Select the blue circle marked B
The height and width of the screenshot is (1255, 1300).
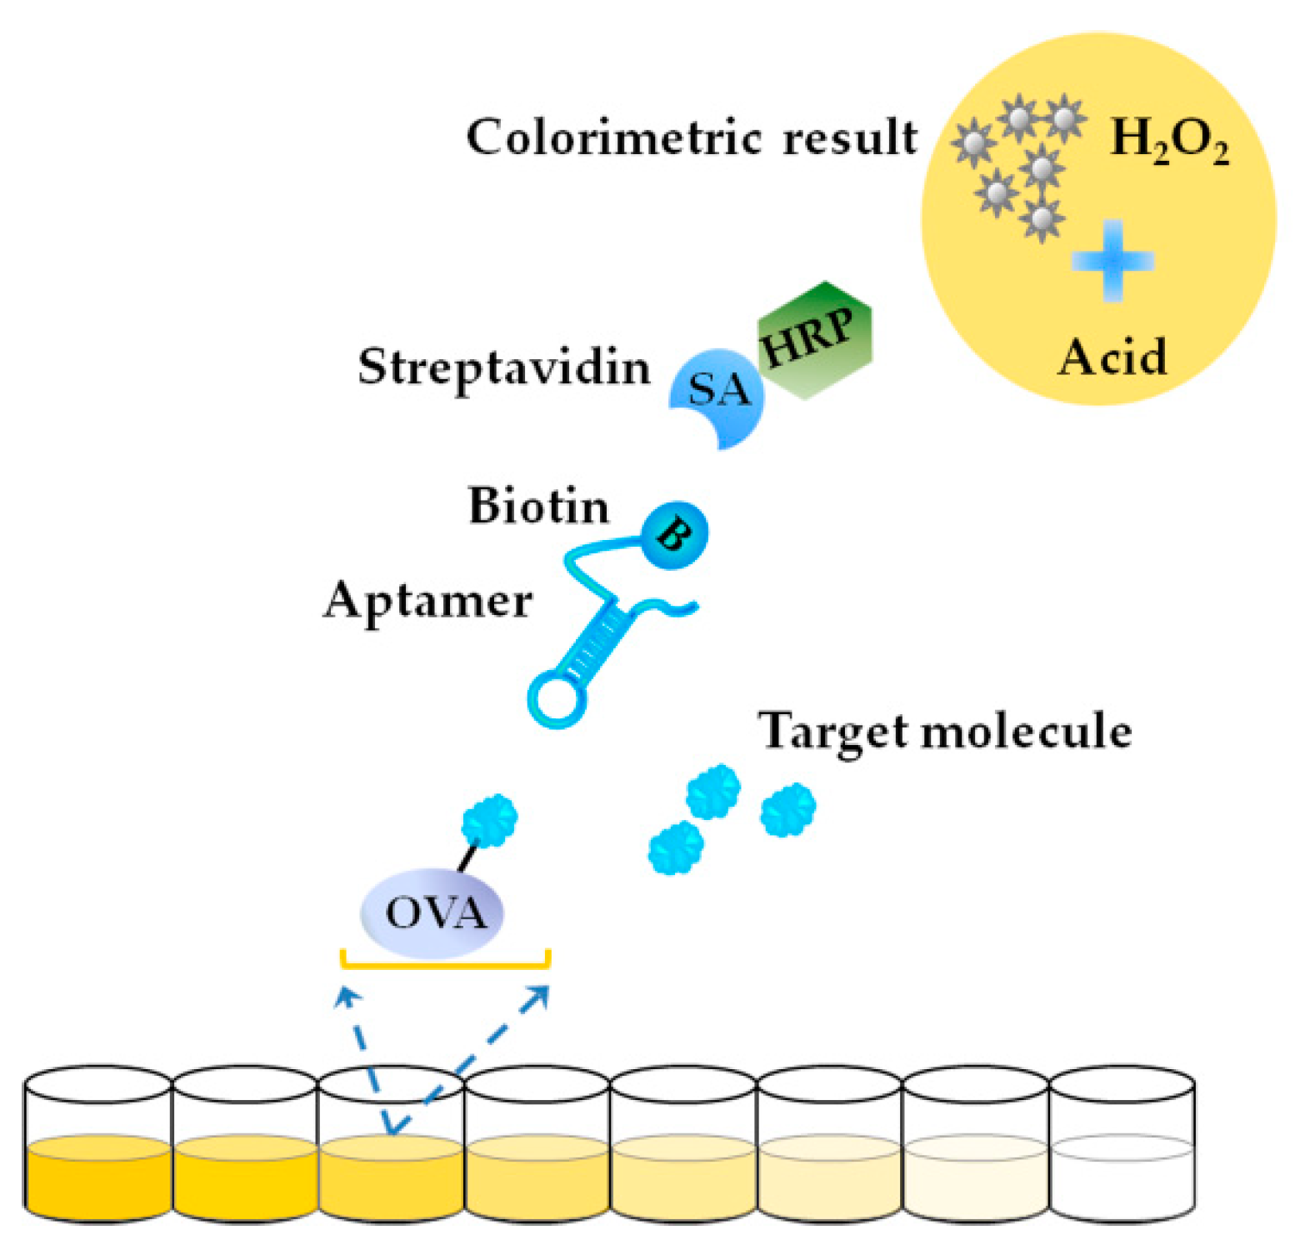[x=674, y=535]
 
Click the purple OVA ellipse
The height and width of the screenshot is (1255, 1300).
[x=432, y=913]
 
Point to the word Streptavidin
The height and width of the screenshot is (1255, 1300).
[x=504, y=367]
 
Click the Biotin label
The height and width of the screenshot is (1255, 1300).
[x=538, y=506]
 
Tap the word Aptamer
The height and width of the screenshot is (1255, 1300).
[x=427, y=601]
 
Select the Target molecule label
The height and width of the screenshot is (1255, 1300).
[x=944, y=732]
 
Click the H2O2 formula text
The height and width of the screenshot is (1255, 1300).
[x=1169, y=139]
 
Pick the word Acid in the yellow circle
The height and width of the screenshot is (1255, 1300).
[x=1112, y=357]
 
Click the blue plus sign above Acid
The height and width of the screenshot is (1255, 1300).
[x=1112, y=261]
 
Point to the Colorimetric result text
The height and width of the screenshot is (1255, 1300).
[x=691, y=137]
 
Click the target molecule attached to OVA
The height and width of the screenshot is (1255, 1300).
[x=490, y=820]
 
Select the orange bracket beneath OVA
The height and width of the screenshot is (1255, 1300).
[x=445, y=964]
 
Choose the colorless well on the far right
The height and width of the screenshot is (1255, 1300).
[x=1122, y=1175]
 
